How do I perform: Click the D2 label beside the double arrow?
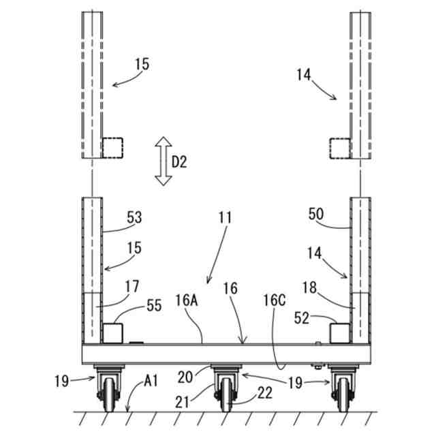coord(179,161)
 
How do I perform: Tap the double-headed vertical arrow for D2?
coord(163,161)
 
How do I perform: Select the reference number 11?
coord(225,219)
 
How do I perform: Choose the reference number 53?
coord(136,218)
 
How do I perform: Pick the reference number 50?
coord(316,214)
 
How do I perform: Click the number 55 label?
coord(155,307)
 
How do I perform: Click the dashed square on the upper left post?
coord(112,147)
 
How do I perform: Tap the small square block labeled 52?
coord(339,333)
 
